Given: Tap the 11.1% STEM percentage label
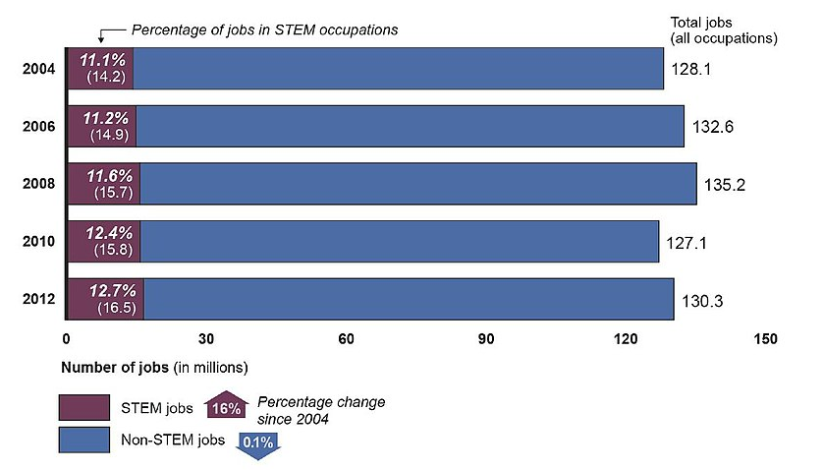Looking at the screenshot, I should [x=103, y=59].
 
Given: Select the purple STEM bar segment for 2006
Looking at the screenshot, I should [x=102, y=126].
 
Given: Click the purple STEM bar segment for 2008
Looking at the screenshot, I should [x=104, y=183].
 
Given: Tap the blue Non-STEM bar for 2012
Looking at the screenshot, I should [x=408, y=299].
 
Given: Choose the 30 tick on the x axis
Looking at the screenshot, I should [x=206, y=339].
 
